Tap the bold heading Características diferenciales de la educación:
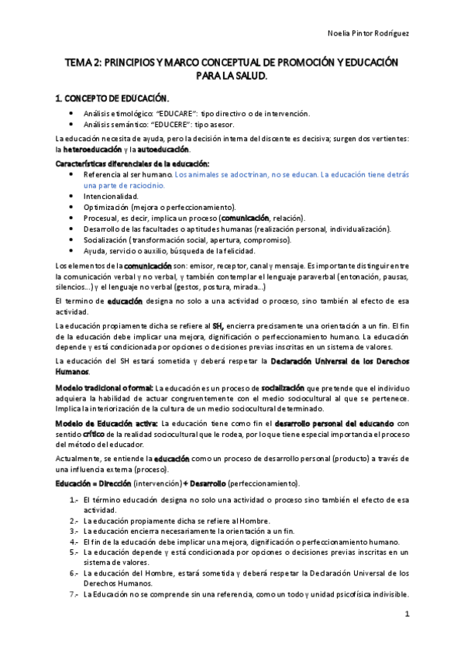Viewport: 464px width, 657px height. pyautogui.click(x=132, y=163)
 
